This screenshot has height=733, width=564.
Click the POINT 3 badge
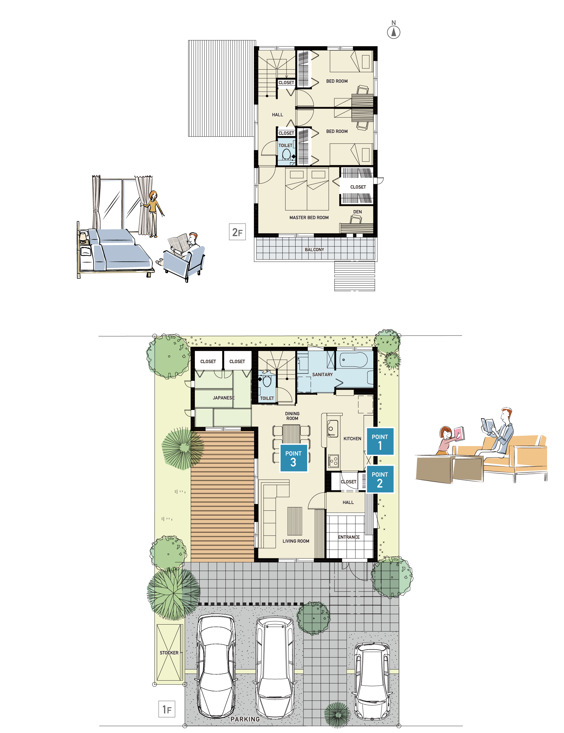[x=293, y=458]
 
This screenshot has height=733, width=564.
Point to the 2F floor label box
[x=237, y=232]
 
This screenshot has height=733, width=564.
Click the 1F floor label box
[x=167, y=709]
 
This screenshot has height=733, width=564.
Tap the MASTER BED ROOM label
[x=309, y=218]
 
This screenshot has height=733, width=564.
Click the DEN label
[x=358, y=212]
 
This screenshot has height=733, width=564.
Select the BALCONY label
[x=314, y=250]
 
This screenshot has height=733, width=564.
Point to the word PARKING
[x=245, y=719]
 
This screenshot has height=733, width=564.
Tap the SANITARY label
[x=323, y=375]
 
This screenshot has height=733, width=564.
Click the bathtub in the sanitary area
[x=354, y=360]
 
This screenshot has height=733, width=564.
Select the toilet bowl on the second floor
[x=286, y=154]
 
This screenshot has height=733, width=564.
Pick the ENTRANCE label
[x=349, y=537]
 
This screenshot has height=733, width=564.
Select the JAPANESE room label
[x=224, y=398]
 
